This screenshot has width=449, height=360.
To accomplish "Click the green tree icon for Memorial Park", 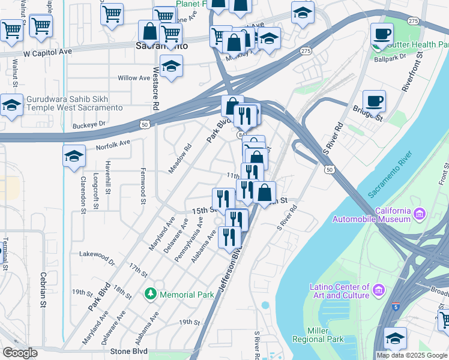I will [x=150, y=294].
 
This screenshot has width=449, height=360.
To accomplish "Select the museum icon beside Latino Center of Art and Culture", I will [x=378, y=291].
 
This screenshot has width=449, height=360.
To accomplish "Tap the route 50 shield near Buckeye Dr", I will [x=144, y=124].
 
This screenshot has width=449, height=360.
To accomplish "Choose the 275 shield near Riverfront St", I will [x=413, y=21].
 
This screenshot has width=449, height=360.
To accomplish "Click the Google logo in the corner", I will [x=20, y=353].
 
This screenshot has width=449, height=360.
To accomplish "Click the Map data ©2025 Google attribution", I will [x=411, y=355].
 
